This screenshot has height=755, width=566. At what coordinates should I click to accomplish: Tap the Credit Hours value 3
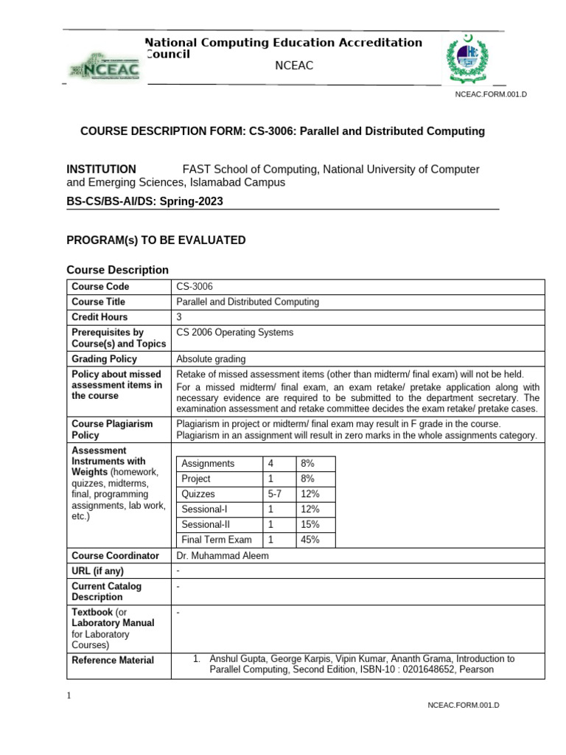pyautogui.click(x=179, y=317)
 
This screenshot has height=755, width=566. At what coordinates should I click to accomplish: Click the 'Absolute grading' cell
pyautogui.click(x=211, y=359)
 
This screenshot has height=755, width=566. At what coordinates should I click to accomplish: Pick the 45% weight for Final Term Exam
pyautogui.click(x=310, y=540)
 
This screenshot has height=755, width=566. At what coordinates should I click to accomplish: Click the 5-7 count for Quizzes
pyautogui.click(x=274, y=494)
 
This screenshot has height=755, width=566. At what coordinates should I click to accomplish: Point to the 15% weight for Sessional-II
pyautogui.click(x=310, y=524)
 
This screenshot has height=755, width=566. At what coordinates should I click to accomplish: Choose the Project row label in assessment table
pyautogui.click(x=196, y=479)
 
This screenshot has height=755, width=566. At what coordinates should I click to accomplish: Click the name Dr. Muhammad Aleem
pyautogui.click(x=223, y=556)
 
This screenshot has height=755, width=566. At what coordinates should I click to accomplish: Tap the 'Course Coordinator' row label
pyautogui.click(x=115, y=556)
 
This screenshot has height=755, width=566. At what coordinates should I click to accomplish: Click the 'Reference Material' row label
pyautogui.click(x=113, y=660)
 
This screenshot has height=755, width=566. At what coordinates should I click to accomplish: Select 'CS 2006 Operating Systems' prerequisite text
pyautogui.click(x=234, y=333)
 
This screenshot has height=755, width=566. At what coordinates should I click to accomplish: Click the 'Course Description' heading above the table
pyautogui.click(x=117, y=270)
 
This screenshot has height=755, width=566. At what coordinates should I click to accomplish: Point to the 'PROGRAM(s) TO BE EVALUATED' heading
pyautogui.click(x=156, y=240)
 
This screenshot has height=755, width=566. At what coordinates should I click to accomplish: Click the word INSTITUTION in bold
pyautogui.click(x=102, y=169)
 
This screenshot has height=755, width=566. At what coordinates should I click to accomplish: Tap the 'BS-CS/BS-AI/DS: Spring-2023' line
pyautogui.click(x=144, y=201)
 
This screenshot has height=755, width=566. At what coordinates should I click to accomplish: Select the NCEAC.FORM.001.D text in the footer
pyautogui.click(x=464, y=706)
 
